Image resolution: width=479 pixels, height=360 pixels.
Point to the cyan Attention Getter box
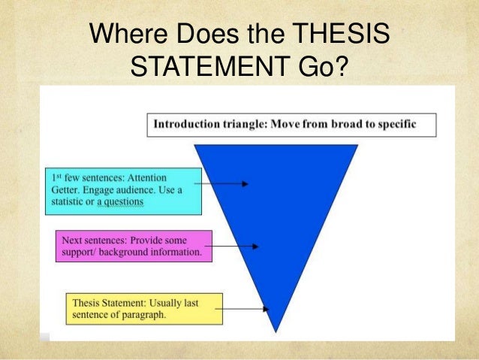click(122, 188)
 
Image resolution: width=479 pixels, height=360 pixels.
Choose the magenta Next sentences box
click(134, 245)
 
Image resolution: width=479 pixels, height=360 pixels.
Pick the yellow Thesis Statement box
click(144, 307)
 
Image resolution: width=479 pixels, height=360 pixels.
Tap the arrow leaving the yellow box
click(246, 307)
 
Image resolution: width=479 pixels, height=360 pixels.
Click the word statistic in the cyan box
click(79, 201)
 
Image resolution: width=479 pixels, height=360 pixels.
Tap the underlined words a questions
click(121, 201)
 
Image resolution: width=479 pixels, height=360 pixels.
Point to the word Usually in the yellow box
click(169, 302)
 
